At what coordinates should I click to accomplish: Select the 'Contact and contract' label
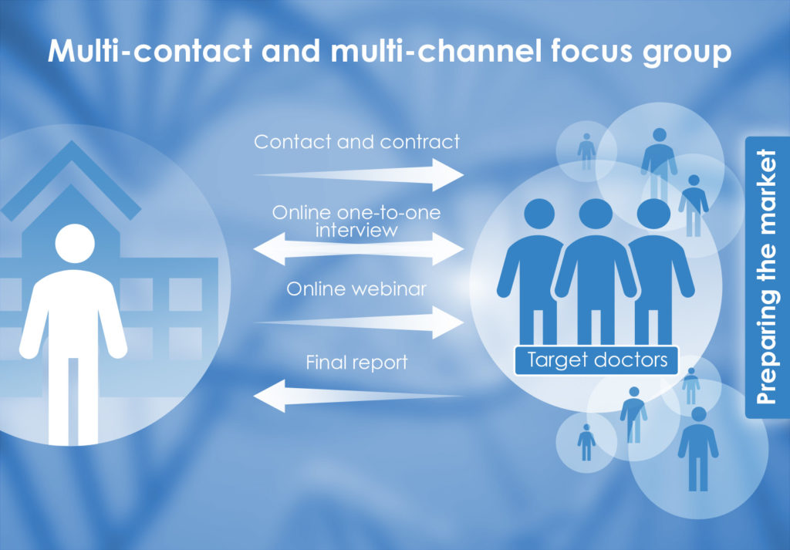[x=356, y=141]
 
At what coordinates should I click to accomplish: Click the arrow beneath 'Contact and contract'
[x=358, y=175]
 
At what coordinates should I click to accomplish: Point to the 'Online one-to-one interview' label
[x=356, y=221]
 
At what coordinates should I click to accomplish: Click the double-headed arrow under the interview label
[x=358, y=249]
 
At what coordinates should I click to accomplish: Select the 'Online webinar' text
[x=356, y=288]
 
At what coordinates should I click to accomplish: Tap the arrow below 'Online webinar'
[x=358, y=322]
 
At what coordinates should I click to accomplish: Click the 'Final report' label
[x=356, y=363]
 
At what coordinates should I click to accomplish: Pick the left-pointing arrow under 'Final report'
[x=358, y=396]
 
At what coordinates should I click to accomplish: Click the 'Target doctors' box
[x=596, y=360]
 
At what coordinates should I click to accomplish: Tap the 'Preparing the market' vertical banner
[x=767, y=277]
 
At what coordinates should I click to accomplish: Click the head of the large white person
[x=75, y=243]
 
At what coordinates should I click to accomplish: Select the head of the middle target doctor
[x=596, y=214]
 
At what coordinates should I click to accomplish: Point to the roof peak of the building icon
[x=72, y=143]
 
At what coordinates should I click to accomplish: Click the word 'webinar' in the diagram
[x=389, y=288]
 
